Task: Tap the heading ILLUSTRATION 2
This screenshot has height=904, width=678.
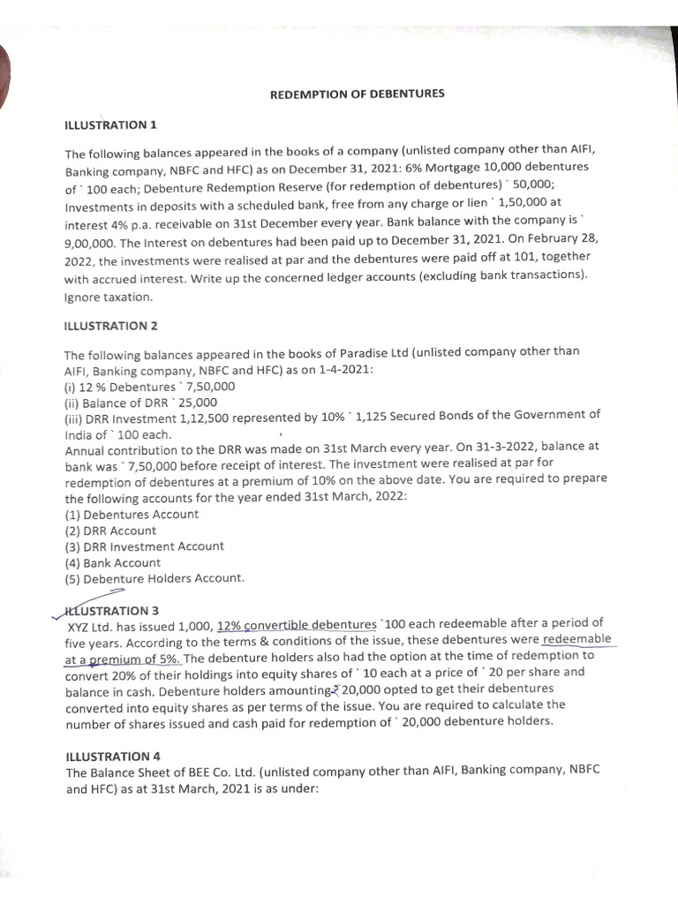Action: point(111,326)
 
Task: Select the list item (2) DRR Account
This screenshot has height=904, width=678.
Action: point(110,530)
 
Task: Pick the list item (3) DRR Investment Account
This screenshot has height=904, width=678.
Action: point(145,546)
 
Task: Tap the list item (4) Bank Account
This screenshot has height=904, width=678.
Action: point(113,562)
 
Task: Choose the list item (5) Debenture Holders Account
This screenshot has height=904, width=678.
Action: point(154,578)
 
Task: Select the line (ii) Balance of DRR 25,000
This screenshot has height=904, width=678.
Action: point(141,402)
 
